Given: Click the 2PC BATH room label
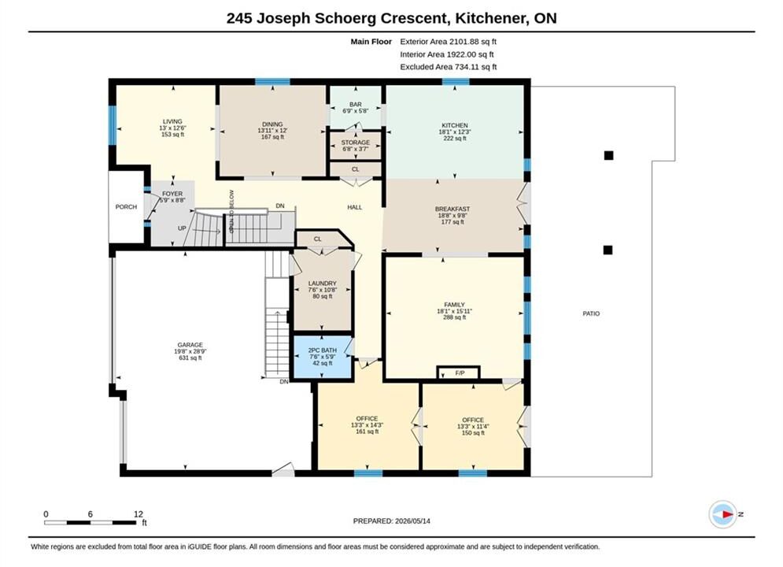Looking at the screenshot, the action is click(x=322, y=350).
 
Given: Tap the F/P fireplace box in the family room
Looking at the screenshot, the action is click(x=459, y=373).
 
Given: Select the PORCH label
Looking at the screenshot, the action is click(x=126, y=207).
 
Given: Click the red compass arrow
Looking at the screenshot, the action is click(x=727, y=514).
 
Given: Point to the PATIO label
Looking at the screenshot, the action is click(x=591, y=313).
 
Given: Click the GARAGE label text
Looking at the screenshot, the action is click(x=190, y=345).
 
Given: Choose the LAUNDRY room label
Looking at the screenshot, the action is click(x=322, y=283).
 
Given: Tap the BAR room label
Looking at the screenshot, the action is click(x=356, y=105).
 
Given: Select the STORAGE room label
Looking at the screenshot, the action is click(x=356, y=143).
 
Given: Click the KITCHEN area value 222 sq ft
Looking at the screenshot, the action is click(x=454, y=139).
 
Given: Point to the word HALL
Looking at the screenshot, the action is click(x=355, y=207).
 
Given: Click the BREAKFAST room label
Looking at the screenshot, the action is click(x=452, y=209).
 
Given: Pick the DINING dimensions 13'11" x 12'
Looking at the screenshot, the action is click(x=272, y=131).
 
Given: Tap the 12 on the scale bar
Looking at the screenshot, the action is click(x=139, y=514).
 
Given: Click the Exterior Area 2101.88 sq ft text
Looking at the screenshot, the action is click(x=448, y=42).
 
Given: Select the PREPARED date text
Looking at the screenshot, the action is click(x=392, y=521).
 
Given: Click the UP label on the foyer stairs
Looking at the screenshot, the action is click(x=182, y=228).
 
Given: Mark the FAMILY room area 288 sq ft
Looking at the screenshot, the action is click(x=454, y=317).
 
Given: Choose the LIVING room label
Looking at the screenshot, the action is click(x=172, y=121).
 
